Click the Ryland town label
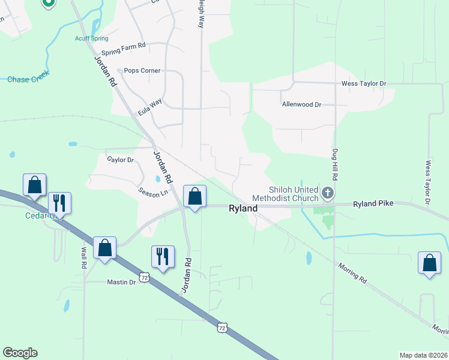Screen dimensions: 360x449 click(243, 208)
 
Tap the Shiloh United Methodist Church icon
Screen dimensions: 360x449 click(327, 193)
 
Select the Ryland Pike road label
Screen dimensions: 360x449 click(373, 204)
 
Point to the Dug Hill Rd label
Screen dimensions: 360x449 click(336, 165)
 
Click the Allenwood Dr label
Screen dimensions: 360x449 click(301, 104)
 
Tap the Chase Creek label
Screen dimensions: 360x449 click(28, 79)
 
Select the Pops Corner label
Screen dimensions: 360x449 click(142, 71)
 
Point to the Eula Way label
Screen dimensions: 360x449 click(149, 107)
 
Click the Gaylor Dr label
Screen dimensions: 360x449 click(120, 160)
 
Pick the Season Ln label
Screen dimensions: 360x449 click(153, 193)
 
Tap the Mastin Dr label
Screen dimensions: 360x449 click(122, 281)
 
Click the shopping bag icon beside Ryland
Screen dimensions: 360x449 click(194, 196)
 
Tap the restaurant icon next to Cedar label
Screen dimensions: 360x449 click(59, 201)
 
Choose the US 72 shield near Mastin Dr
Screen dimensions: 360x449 click(143, 277)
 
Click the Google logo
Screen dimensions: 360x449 click(20, 353)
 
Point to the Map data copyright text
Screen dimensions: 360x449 click(423, 355)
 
